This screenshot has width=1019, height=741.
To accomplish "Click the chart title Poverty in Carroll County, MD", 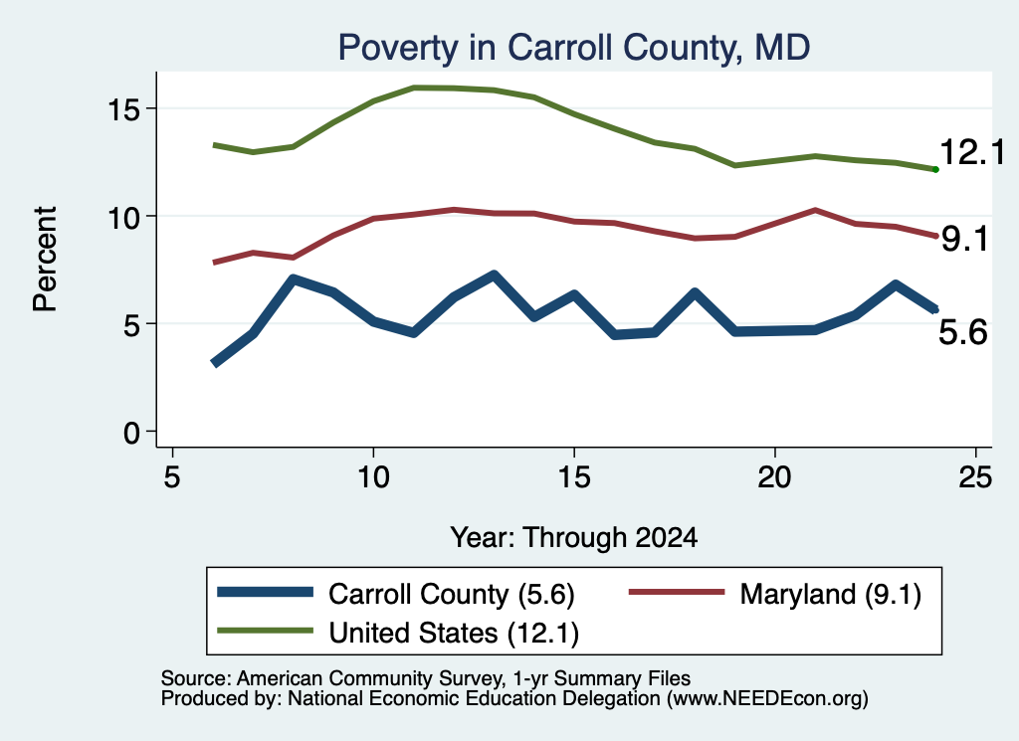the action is click(x=574, y=48).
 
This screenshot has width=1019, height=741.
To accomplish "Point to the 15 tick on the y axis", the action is click(x=123, y=109).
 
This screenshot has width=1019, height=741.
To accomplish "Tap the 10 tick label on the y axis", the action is click(x=123, y=217).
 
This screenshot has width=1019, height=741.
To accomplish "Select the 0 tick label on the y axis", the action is click(x=132, y=432).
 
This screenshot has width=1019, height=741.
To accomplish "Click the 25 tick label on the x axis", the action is click(x=975, y=477).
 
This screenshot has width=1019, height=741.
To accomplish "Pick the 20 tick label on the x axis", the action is click(x=774, y=477).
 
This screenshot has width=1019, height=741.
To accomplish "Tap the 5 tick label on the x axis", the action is click(x=171, y=477).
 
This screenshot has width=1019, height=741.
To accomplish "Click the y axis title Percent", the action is click(x=45, y=259).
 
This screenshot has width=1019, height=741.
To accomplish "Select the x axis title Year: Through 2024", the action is click(x=574, y=538).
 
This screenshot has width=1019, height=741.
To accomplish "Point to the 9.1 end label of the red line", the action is click(x=964, y=239).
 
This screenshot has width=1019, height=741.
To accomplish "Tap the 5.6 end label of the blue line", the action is click(x=963, y=332).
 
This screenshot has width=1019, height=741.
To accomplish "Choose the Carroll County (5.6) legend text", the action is click(x=452, y=594).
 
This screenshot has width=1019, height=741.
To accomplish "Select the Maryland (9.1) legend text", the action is click(x=831, y=594).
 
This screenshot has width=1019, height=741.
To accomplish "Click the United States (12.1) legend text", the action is click(x=454, y=634).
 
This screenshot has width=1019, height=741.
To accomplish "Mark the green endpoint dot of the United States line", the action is click(x=935, y=169).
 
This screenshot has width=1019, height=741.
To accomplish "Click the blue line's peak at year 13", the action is click(x=494, y=276).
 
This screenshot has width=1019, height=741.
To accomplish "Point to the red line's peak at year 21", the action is click(x=815, y=210).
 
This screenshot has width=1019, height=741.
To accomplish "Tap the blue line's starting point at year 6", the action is click(x=215, y=363).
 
